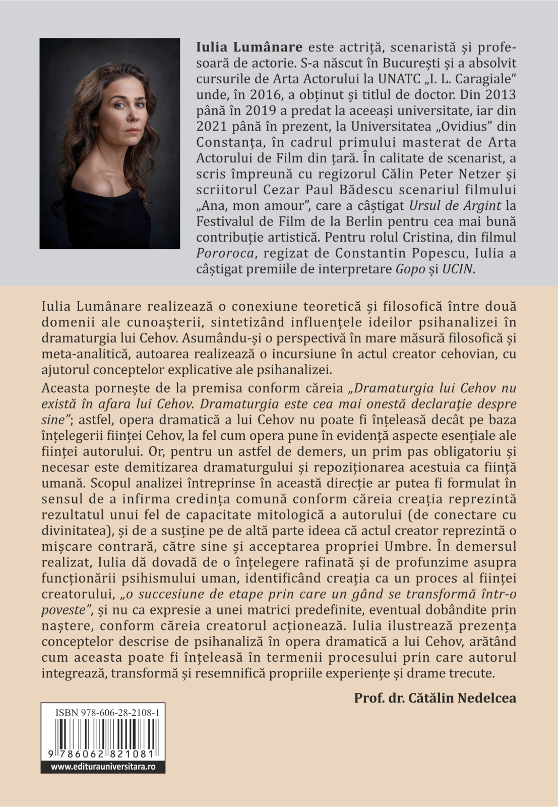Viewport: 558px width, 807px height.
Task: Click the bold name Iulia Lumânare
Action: click(x=249, y=47)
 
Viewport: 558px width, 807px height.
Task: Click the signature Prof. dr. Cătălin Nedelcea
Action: click(x=435, y=698)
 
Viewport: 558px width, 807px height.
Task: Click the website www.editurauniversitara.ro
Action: click(x=103, y=767)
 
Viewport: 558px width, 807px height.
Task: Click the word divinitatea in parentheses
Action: click(x=74, y=531)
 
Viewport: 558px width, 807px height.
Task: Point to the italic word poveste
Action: click(x=63, y=610)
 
